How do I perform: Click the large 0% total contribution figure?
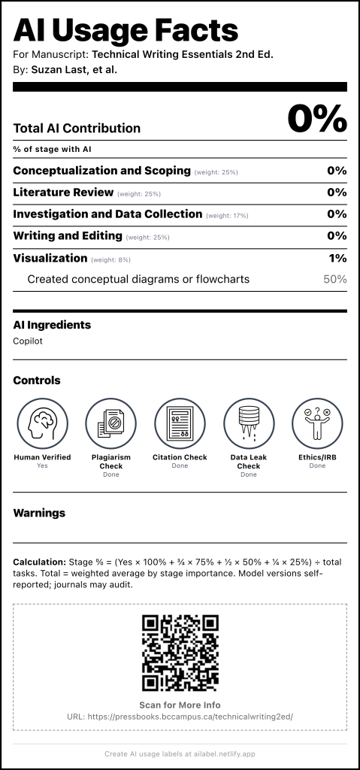point(316,120)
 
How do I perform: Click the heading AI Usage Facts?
point(126,31)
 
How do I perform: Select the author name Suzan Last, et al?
point(74,70)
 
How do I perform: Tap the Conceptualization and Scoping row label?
point(101,171)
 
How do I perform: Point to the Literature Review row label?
point(63,192)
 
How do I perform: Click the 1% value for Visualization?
point(337,258)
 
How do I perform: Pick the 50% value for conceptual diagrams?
point(334,279)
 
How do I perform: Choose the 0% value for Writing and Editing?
point(337,235)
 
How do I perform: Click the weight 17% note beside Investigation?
point(227,216)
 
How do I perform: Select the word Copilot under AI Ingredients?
point(28,341)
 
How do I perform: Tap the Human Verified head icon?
point(42,423)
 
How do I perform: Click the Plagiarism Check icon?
point(110,423)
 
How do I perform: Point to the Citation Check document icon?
point(180,423)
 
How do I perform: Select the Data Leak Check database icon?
point(249,423)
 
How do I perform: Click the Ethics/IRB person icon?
point(317,423)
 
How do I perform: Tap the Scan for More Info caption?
point(180,705)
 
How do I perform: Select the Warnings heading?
point(39,513)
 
